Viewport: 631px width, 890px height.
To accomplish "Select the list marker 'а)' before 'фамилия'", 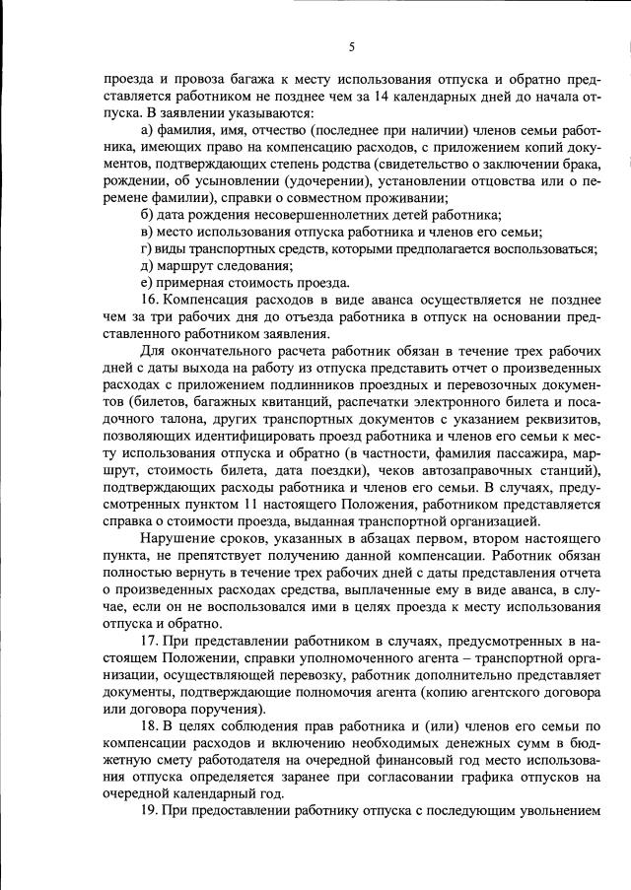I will (148, 132).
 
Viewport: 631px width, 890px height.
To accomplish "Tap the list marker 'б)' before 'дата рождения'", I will (148, 216).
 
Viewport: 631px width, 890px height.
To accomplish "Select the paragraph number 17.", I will (150, 641).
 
